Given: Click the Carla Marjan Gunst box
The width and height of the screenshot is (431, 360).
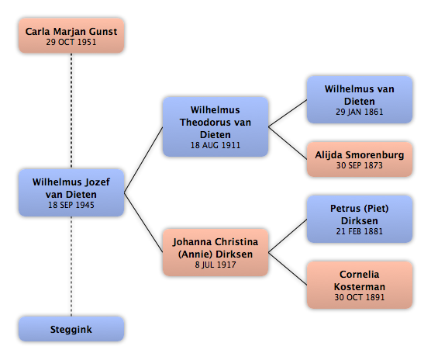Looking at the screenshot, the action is point(71,36).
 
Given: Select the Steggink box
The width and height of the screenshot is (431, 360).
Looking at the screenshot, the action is point(71,329).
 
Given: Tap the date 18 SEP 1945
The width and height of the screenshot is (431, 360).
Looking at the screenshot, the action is point(71,205).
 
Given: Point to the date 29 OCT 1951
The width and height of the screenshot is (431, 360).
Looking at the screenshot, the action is point(71,42).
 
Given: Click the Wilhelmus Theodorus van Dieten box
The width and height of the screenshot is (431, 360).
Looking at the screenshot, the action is point(215,126).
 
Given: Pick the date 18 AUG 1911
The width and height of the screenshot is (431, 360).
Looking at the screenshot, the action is point(215,145).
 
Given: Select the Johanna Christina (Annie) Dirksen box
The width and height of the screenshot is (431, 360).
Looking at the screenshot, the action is point(215,252).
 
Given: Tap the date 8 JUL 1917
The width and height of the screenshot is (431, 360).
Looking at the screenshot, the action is point(215,265).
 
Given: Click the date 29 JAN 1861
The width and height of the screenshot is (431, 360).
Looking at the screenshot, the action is point(359,112).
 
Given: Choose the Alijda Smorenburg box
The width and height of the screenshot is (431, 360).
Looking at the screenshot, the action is point(360,159).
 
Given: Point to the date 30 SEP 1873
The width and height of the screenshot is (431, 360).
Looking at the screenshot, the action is point(359,165).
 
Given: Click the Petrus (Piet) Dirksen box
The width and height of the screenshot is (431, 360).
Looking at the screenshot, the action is point(360,220).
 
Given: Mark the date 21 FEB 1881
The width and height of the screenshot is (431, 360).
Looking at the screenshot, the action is point(359,231).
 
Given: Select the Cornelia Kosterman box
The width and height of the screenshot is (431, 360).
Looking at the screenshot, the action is point(360,285).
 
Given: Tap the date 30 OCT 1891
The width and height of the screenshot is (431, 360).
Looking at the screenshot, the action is point(359,297).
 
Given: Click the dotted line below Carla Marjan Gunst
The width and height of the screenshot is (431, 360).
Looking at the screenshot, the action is point(71,111).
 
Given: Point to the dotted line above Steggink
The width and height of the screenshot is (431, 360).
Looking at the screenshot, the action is point(71,266).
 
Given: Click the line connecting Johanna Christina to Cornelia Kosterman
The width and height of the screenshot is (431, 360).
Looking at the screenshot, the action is point(288,268).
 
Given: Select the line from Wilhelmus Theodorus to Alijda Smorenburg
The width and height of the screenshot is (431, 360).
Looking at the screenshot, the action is point(288,143).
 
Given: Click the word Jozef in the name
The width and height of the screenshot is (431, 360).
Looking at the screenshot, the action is point(98,182).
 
